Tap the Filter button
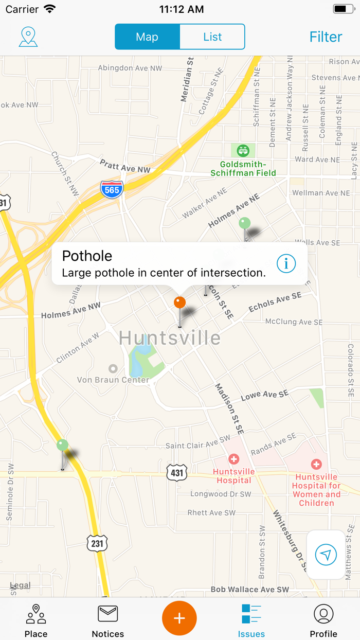pos(326,37)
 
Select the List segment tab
pos(212,37)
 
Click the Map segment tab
pos(147,37)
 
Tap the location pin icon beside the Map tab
pos(28,37)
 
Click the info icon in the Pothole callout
pos(286,263)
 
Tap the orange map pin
pos(179,303)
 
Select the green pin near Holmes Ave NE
pos(245,224)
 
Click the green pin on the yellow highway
pos(63,446)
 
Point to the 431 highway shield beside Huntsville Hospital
pos(176,472)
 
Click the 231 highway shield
pos(97,543)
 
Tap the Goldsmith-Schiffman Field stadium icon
pos(243,151)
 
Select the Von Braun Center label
pos(113,380)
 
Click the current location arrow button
pos(326,555)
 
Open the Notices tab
pos(108,619)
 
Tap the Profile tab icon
pos(323,614)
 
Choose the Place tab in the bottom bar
pos(36,619)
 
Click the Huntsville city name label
pos(170,338)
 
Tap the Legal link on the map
pos(21,585)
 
